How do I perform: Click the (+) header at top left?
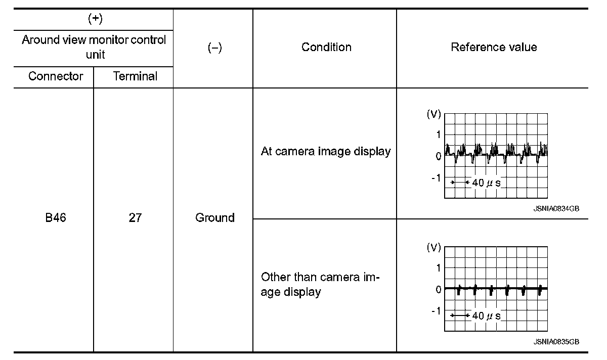point(94,19)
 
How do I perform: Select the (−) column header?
point(215,48)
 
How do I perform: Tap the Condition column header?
point(326,47)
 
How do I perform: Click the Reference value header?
point(494,47)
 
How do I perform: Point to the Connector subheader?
point(56,76)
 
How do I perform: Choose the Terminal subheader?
point(135,76)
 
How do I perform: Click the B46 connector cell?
point(56,218)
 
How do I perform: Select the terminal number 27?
point(135,218)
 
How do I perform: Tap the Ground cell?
point(215,218)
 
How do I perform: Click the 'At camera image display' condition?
point(326,151)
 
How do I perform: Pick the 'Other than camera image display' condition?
point(321,285)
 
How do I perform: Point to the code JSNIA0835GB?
point(556,342)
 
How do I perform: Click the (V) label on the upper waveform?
point(434,115)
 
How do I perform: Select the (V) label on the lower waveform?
point(434,248)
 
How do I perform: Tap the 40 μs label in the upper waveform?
point(486,183)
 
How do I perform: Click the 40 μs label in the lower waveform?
point(486,316)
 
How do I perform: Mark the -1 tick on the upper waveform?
point(436,178)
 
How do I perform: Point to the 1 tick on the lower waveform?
point(438,267)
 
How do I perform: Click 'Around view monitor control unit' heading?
point(94,47)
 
